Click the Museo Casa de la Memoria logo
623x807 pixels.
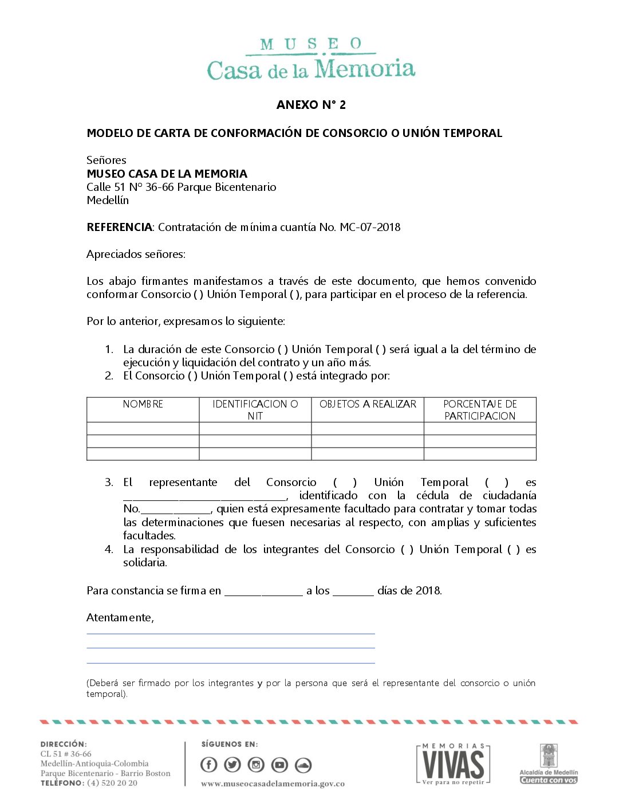(x=311, y=60)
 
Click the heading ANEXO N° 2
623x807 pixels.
(x=311, y=105)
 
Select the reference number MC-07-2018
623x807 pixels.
(x=370, y=228)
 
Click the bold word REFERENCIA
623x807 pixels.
(x=119, y=228)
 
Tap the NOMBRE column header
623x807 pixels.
(x=143, y=404)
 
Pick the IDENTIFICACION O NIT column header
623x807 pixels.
(x=255, y=410)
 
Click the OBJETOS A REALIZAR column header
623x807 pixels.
(x=368, y=404)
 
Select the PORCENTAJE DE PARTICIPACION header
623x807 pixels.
(x=480, y=410)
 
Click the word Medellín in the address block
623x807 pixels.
(x=108, y=201)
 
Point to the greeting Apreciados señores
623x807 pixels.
(x=136, y=254)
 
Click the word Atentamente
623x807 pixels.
(x=120, y=618)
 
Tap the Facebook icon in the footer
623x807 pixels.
(x=209, y=765)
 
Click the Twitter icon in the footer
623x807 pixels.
(x=232, y=765)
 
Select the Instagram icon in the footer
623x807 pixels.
(x=256, y=765)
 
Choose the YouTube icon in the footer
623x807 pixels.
(x=279, y=765)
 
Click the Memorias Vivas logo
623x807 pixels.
(x=453, y=764)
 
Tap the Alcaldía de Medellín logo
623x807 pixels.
(x=549, y=764)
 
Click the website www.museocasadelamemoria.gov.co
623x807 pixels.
(x=273, y=784)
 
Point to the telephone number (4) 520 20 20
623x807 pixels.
(x=112, y=784)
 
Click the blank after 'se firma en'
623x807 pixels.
(x=263, y=591)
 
